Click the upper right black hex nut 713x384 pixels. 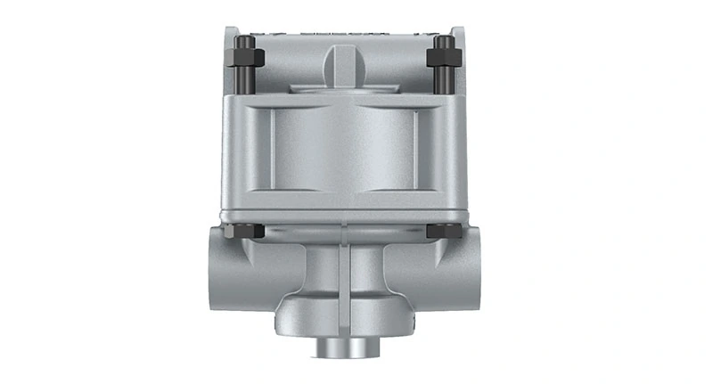click(443, 59)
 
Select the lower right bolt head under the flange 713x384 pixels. click(443, 231)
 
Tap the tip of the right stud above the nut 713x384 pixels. click(443, 40)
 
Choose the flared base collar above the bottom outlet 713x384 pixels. click(346, 316)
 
